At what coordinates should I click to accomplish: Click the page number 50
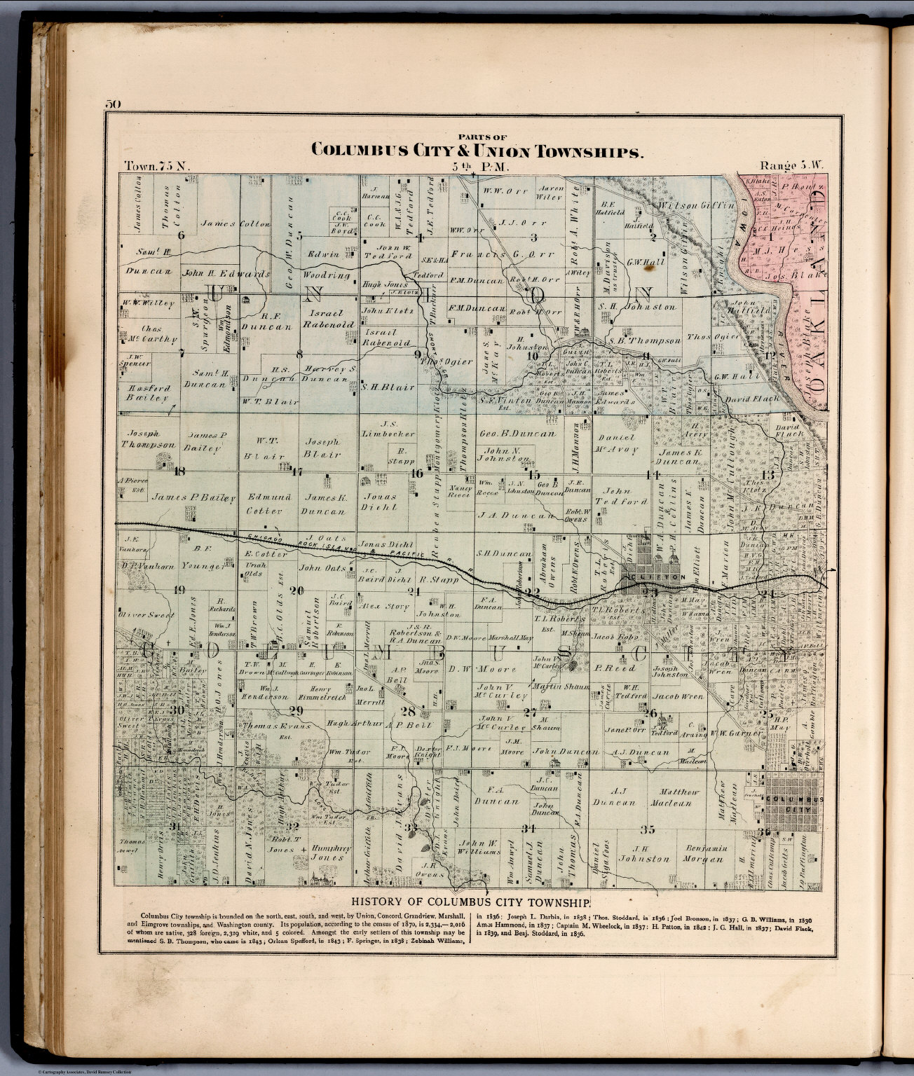(x=113, y=104)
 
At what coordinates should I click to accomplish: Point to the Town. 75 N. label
(x=156, y=167)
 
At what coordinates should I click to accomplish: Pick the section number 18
(x=179, y=471)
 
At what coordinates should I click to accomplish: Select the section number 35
(x=647, y=830)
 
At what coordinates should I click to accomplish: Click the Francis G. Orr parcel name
(x=498, y=254)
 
